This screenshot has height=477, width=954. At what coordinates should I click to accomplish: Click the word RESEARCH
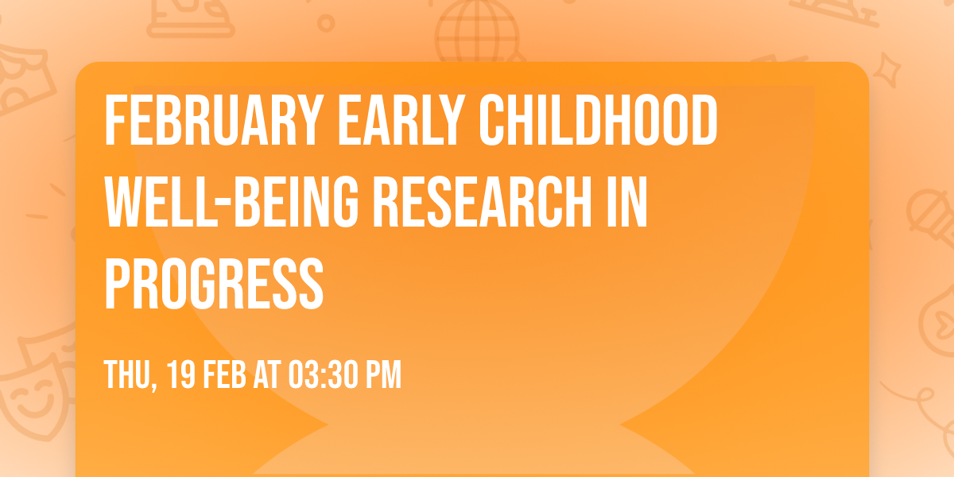coord(475,204)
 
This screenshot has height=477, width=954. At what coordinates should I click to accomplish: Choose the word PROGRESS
coord(214,285)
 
